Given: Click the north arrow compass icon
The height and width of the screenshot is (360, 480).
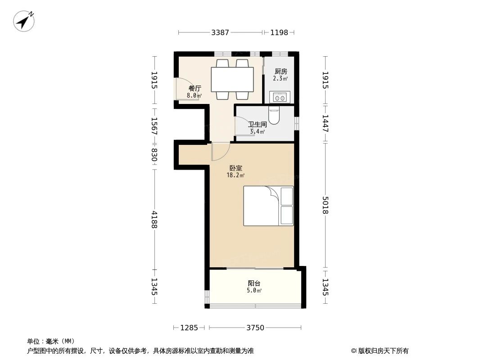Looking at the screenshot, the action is [x=24, y=21].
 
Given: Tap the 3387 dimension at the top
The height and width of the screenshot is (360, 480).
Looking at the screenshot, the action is [x=220, y=32].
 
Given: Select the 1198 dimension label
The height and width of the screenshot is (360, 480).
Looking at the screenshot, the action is [x=279, y=32].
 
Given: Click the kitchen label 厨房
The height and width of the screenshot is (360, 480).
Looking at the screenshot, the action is [x=281, y=72].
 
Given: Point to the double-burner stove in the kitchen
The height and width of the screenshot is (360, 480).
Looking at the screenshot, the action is [x=280, y=97].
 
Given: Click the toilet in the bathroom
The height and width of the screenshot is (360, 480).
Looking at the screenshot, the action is [x=274, y=115].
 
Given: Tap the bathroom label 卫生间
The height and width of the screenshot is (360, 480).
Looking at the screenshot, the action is [x=257, y=125].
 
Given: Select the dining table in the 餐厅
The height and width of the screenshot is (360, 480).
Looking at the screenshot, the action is [x=232, y=80].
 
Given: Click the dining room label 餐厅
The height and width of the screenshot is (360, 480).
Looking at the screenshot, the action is [x=195, y=88].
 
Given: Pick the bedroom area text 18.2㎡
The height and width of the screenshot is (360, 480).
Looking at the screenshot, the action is [x=235, y=175].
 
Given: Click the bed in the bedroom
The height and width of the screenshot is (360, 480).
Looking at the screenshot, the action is [x=268, y=206].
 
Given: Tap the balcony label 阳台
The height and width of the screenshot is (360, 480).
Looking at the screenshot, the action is [x=254, y=283].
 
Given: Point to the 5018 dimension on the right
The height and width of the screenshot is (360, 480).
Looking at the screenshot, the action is [x=325, y=205].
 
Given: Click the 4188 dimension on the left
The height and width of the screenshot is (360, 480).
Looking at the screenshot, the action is [x=154, y=219].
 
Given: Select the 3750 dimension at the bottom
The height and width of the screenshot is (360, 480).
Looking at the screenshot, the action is [x=255, y=328].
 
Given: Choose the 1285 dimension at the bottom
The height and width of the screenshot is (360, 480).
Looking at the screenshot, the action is [x=189, y=328].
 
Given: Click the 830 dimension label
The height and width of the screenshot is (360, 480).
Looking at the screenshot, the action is [x=154, y=155].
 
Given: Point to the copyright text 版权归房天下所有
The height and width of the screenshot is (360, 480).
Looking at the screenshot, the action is [x=383, y=351].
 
